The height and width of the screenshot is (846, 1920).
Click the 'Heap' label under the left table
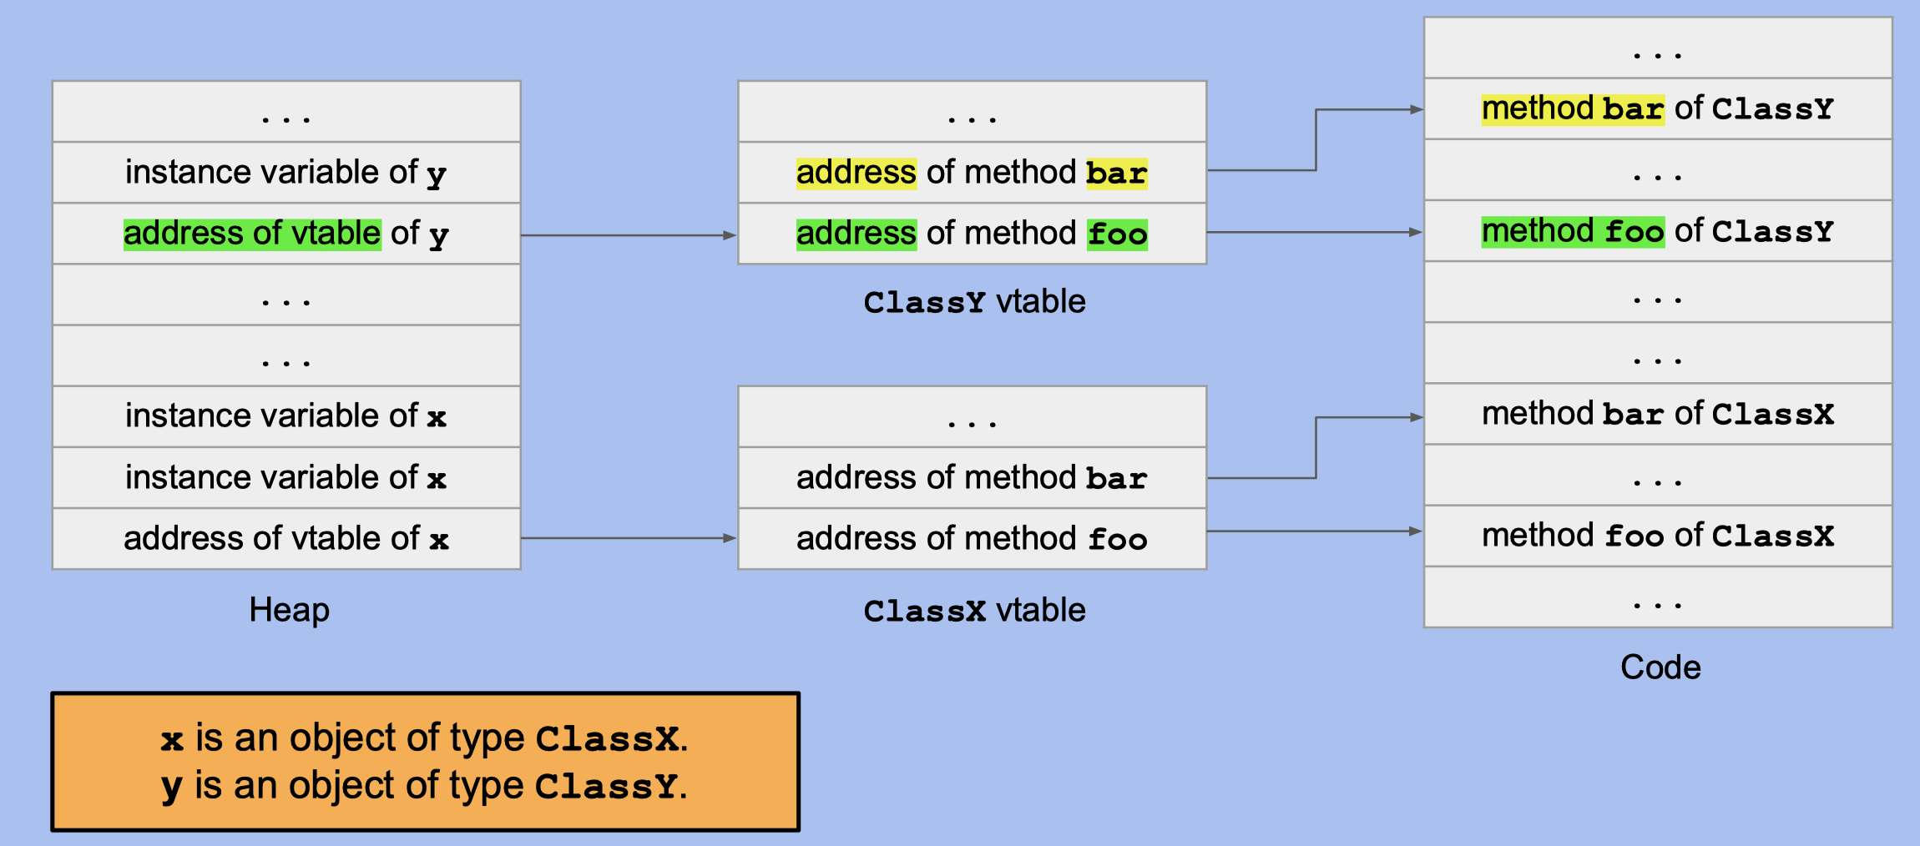[289, 610]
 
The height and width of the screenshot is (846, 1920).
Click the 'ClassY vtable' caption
[973, 302]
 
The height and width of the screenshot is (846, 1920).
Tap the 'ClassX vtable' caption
[973, 611]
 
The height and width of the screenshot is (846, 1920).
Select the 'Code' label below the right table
[1660, 667]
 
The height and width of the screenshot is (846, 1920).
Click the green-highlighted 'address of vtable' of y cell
[252, 234]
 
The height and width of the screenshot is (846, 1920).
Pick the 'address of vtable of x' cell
[286, 539]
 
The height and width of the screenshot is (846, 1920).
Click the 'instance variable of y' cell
[286, 173]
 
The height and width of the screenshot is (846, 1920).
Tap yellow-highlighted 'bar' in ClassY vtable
[1116, 174]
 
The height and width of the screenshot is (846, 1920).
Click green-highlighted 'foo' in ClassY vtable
[1117, 234]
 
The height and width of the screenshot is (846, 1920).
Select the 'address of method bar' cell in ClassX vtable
[972, 478]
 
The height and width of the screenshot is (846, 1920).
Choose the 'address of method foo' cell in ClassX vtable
[972, 539]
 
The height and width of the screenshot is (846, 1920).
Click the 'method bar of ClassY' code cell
[1657, 109]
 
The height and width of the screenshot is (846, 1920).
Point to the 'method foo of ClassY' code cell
[1657, 231]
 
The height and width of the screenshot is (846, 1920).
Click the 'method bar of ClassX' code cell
[1657, 414]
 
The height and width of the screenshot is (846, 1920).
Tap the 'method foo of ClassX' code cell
[1657, 536]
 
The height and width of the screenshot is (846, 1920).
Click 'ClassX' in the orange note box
[607, 739]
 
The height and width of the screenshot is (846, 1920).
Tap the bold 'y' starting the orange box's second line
[171, 787]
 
